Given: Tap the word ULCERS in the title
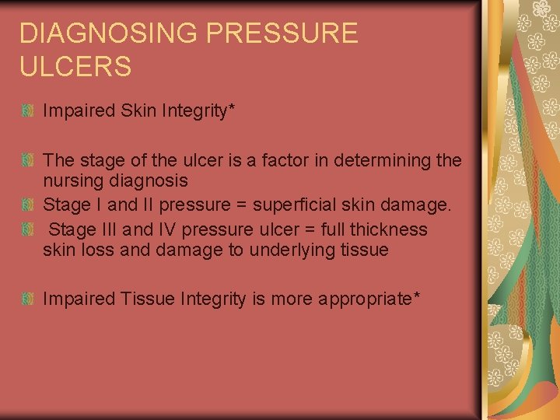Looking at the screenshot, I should pos(75,66).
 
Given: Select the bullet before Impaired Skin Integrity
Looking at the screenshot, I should pos(27,111).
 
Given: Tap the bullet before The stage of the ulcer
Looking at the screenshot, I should pos(27,162).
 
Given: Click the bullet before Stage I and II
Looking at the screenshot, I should pos(27,206).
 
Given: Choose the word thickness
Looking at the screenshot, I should pos(388,229).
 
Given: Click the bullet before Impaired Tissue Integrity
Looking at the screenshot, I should pos(27,299).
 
